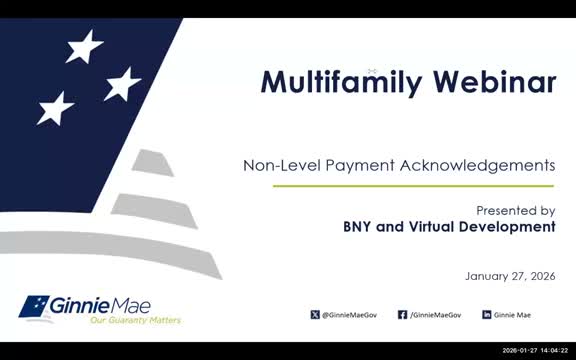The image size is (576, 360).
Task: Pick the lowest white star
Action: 56,108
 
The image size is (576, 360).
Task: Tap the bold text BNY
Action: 360,227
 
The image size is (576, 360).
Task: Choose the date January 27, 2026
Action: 510,275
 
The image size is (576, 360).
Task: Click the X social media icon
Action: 315,315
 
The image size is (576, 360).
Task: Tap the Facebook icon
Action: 402,315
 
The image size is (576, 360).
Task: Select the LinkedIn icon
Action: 487,315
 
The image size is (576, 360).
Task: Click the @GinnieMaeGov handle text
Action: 351,315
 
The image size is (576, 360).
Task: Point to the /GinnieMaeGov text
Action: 436,315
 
